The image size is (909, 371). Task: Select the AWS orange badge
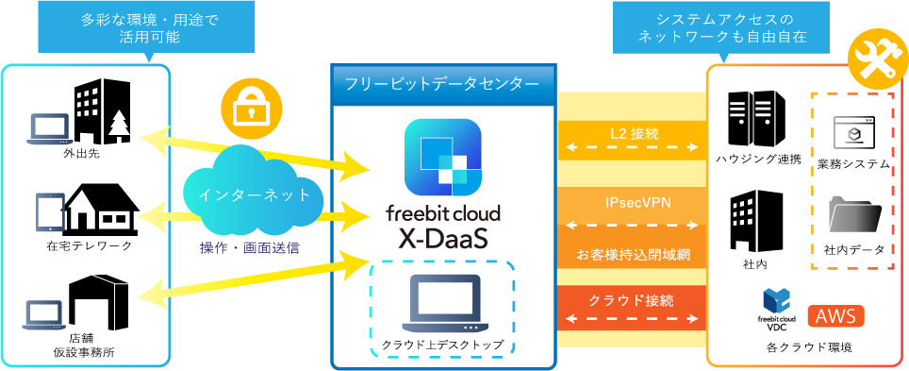[835, 316]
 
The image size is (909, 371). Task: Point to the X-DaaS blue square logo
[442, 158]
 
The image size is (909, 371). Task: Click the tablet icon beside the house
[49, 211]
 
